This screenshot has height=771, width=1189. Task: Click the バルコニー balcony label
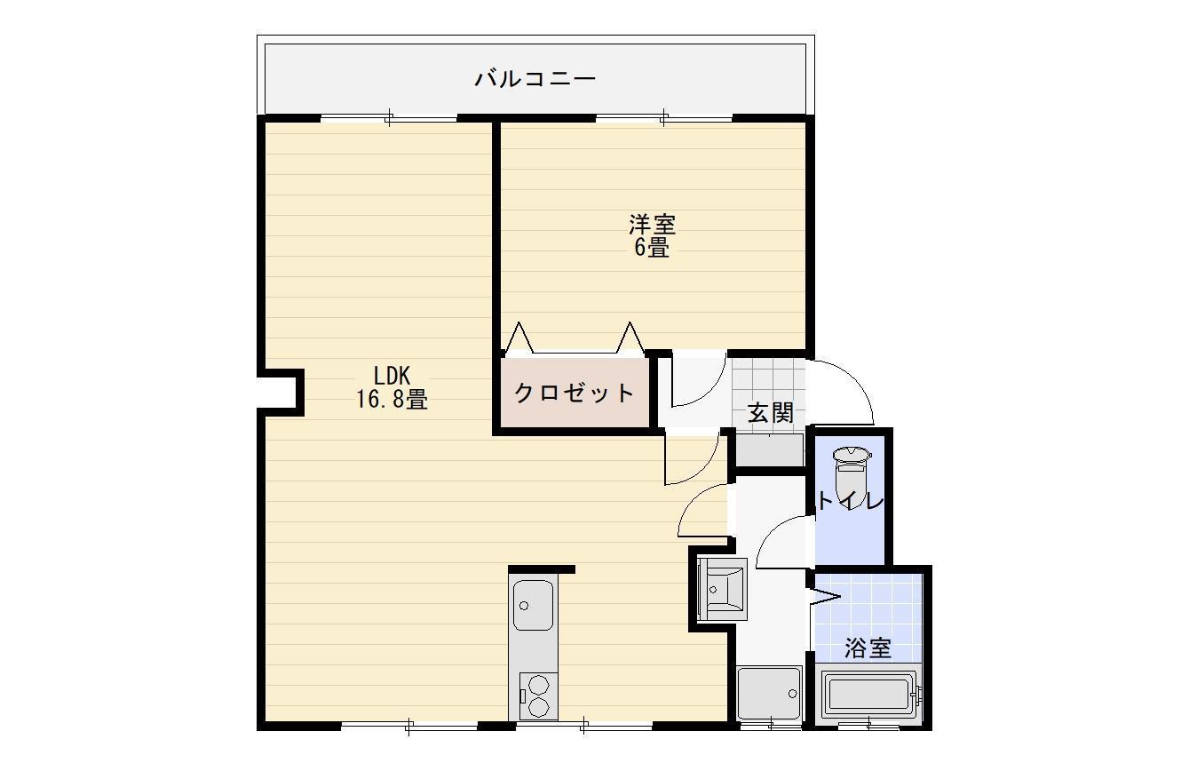(x=535, y=78)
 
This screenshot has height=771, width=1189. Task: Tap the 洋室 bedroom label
(x=652, y=225)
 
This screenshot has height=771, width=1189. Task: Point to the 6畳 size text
(x=652, y=248)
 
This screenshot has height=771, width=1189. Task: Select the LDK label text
(x=392, y=376)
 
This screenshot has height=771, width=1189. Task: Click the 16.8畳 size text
(x=392, y=400)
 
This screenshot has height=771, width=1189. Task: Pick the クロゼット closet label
(x=575, y=393)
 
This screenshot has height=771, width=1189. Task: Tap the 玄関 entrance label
(x=770, y=412)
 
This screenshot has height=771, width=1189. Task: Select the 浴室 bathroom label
(x=868, y=648)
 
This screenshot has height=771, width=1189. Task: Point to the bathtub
(x=868, y=694)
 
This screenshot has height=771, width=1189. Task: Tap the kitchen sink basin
(x=533, y=605)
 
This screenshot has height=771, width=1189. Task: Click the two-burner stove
(x=538, y=696)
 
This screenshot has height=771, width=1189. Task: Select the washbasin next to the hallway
(x=723, y=590)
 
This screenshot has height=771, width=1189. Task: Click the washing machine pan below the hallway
(x=770, y=693)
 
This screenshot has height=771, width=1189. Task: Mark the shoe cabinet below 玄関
(x=770, y=449)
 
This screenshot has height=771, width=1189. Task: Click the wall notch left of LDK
(x=280, y=393)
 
